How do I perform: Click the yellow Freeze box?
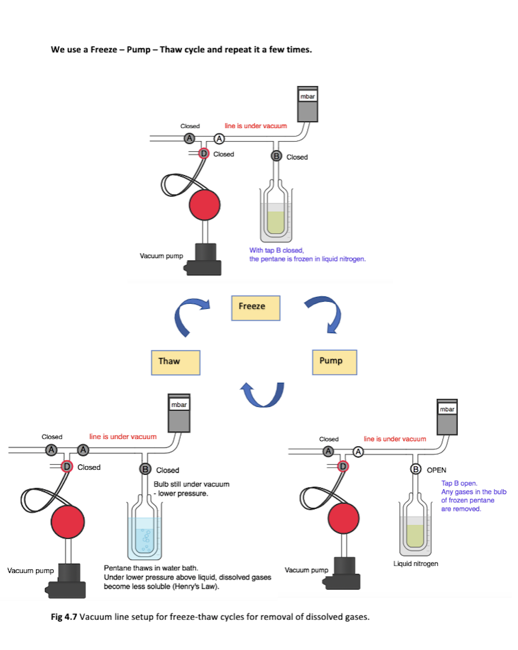[255, 308]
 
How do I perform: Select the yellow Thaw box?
[175, 362]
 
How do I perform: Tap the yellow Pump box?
[334, 362]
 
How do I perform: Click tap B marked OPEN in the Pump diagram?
[415, 469]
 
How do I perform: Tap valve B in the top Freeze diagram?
[276, 156]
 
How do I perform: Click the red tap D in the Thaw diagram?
[67, 467]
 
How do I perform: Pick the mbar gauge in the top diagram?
[307, 105]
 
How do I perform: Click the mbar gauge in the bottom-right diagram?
[447, 417]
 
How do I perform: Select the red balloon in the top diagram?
[205, 205]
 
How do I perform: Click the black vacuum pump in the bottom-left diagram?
[68, 580]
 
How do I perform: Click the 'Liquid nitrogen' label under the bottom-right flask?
[415, 564]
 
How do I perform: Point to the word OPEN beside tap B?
[436, 470]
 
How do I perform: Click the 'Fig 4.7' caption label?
[64, 617]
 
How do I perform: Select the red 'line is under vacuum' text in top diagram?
[255, 126]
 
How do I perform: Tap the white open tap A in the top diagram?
[219, 138]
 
